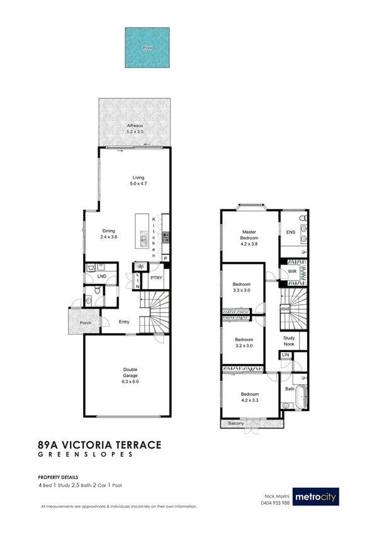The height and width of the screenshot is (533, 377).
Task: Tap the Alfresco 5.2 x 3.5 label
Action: (135, 129)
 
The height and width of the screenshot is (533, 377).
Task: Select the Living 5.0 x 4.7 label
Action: (130, 180)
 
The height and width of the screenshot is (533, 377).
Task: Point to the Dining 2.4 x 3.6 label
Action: (110, 234)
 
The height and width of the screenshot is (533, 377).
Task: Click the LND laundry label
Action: (101, 276)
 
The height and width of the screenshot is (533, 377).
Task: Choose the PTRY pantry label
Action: (156, 278)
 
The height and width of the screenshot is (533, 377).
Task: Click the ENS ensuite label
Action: (290, 233)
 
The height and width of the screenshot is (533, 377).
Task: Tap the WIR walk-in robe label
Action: (291, 272)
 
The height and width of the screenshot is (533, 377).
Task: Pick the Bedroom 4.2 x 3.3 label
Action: (249, 398)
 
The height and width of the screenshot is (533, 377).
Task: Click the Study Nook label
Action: (289, 341)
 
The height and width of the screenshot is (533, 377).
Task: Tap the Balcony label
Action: (235, 424)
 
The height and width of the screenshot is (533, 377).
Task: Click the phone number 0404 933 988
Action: (277, 503)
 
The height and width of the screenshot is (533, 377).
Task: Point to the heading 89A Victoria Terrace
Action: (100, 445)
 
